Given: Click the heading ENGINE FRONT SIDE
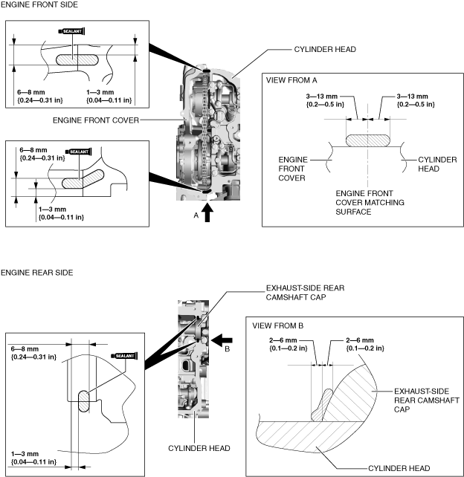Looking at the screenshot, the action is coord(39,4).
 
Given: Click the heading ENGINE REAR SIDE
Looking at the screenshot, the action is coord(37,273).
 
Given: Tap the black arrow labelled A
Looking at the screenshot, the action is coord(207,212).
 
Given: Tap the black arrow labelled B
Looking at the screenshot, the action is coord(222,340).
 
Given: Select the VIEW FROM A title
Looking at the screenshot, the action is coord(291,80).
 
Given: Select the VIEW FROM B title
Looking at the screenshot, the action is coord(277,326).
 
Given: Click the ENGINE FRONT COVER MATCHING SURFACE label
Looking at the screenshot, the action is coord(370,203).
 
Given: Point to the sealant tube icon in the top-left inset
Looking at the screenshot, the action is coord(71,31).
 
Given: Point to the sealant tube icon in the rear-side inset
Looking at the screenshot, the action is coord(124,356).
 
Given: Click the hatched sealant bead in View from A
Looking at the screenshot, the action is coord(368,141).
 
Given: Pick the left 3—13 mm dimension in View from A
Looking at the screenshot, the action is coord(325,100).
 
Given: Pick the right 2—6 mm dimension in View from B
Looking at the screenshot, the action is coord(365,344).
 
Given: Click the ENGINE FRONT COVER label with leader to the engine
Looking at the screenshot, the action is coord(96,120).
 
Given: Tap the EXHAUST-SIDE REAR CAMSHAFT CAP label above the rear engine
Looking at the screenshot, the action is coord(305,292).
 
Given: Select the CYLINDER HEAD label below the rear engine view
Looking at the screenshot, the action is coord(199,448).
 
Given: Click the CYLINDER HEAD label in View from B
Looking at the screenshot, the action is coord(399,468).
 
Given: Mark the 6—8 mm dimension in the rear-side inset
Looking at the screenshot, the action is coord(33,353).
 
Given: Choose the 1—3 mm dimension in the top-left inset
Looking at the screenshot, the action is coord(109,96).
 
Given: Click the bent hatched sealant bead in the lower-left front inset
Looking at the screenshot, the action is coord(83,180).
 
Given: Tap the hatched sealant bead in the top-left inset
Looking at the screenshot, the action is coord(77,60).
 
